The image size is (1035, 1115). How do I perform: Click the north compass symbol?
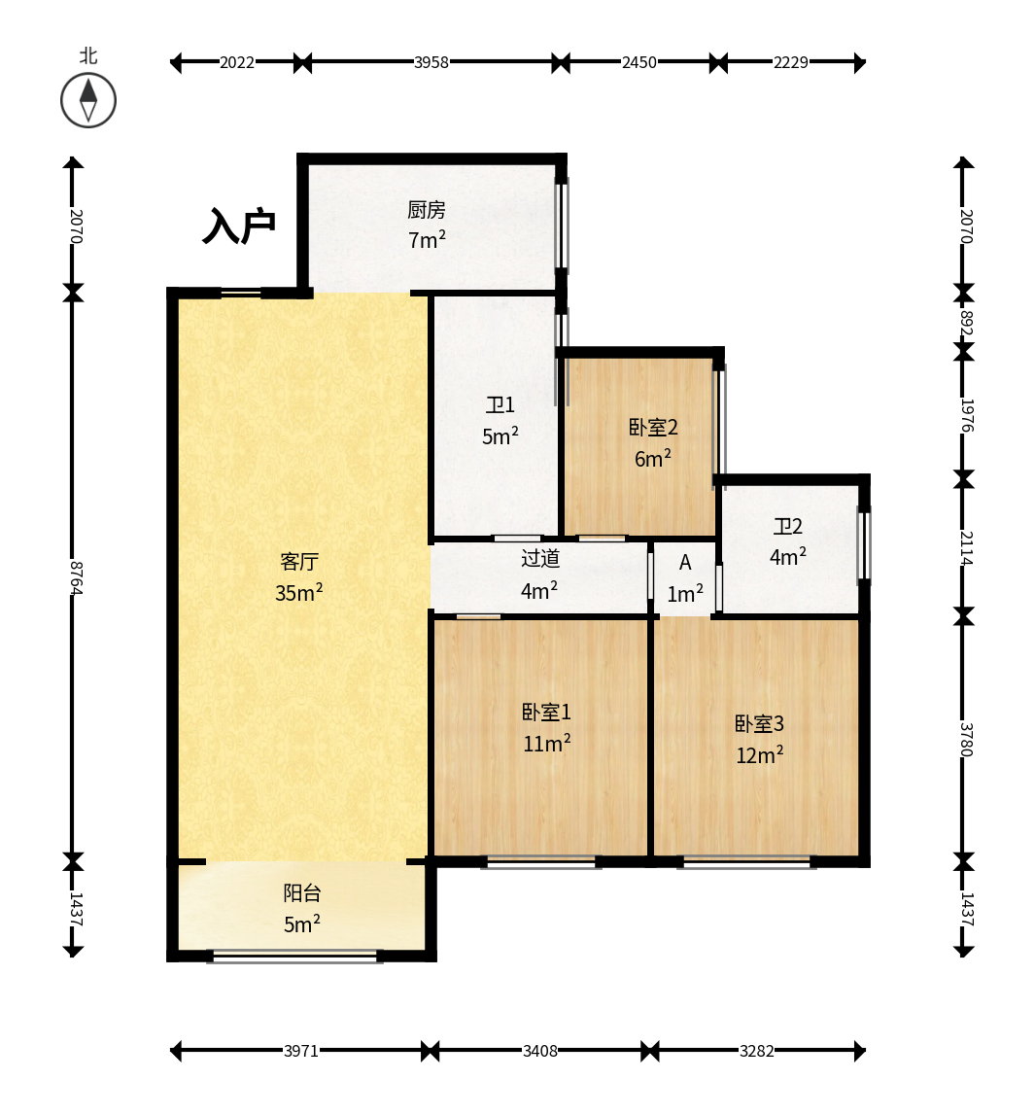click(88, 100)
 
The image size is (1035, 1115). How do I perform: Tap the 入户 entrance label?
click(239, 226)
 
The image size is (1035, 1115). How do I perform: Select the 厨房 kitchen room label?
click(427, 210)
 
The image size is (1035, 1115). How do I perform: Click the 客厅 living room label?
click(299, 562)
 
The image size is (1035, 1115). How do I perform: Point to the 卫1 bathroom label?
click(500, 405)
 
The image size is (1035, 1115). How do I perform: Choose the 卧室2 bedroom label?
click(653, 428)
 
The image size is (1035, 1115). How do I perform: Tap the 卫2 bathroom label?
click(787, 526)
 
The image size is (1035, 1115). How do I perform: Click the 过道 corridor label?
click(540, 559)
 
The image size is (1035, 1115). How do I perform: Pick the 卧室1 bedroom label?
click(546, 713)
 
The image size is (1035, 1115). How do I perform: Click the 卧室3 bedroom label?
click(759, 724)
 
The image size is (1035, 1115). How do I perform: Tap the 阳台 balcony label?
click(302, 893)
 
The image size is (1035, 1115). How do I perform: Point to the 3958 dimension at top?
click(431, 62)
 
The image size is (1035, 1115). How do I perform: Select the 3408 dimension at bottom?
click(540, 1051)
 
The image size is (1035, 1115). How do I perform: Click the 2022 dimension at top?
click(237, 62)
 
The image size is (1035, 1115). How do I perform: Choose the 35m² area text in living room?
click(299, 592)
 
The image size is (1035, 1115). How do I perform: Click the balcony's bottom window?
click(295, 958)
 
